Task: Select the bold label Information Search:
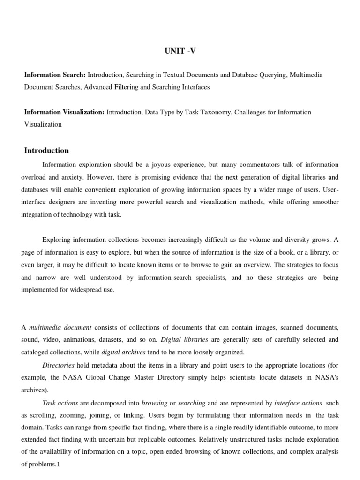coord(55,75)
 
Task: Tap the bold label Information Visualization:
coord(65,112)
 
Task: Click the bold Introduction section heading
coord(46,150)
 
